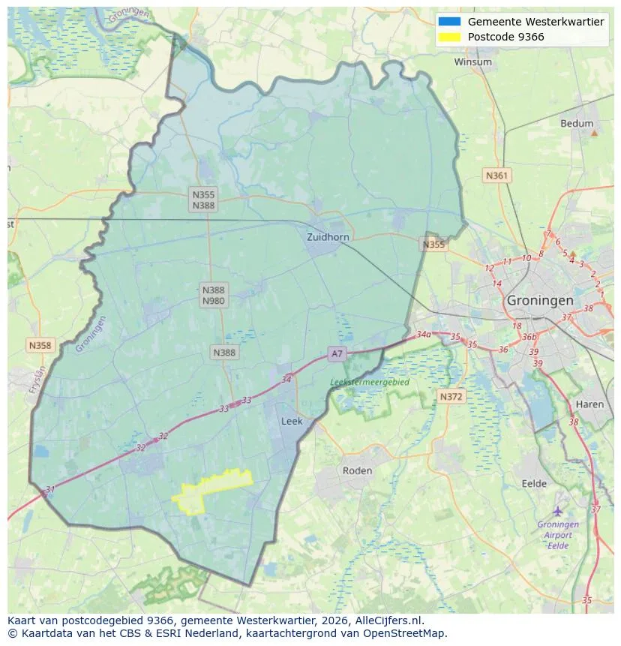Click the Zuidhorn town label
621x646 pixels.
[x=328, y=237]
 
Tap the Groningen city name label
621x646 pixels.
[x=539, y=300]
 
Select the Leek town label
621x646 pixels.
[x=292, y=422]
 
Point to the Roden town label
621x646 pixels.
[x=357, y=470]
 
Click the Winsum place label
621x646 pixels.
[x=472, y=62]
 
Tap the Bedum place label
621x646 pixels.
[x=576, y=124]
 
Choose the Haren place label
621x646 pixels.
[x=589, y=404]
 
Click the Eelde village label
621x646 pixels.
[x=534, y=484]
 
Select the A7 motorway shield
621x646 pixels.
[x=337, y=353]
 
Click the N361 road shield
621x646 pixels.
[x=496, y=176]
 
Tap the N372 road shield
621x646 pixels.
[x=451, y=396]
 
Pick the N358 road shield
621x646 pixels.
[x=40, y=345]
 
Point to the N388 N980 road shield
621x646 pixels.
[x=214, y=295]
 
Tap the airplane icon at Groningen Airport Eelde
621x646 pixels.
[x=557, y=511]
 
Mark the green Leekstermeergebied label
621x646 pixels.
[x=370, y=382]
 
